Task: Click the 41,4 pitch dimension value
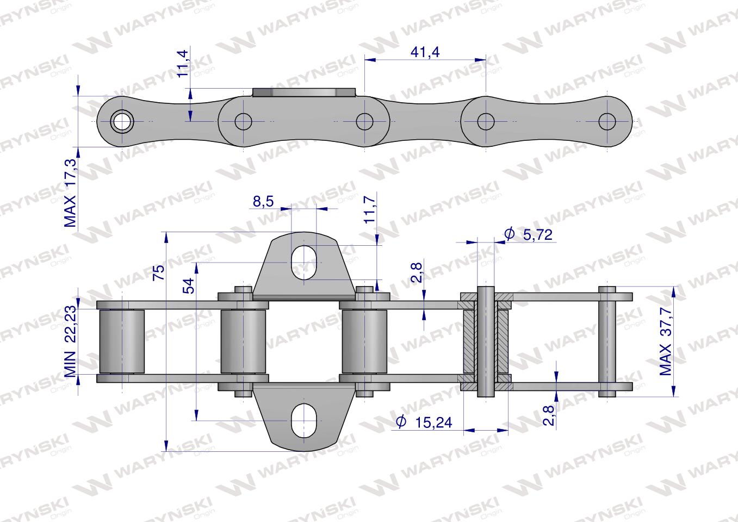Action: [425, 52]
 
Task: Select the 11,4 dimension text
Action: [183, 64]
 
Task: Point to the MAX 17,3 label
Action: [70, 193]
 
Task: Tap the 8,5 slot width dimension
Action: [263, 201]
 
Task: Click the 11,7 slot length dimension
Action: [370, 209]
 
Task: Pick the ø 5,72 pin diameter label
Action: [528, 234]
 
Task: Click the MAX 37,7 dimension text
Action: [665, 341]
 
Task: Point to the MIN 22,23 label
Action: [70, 341]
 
